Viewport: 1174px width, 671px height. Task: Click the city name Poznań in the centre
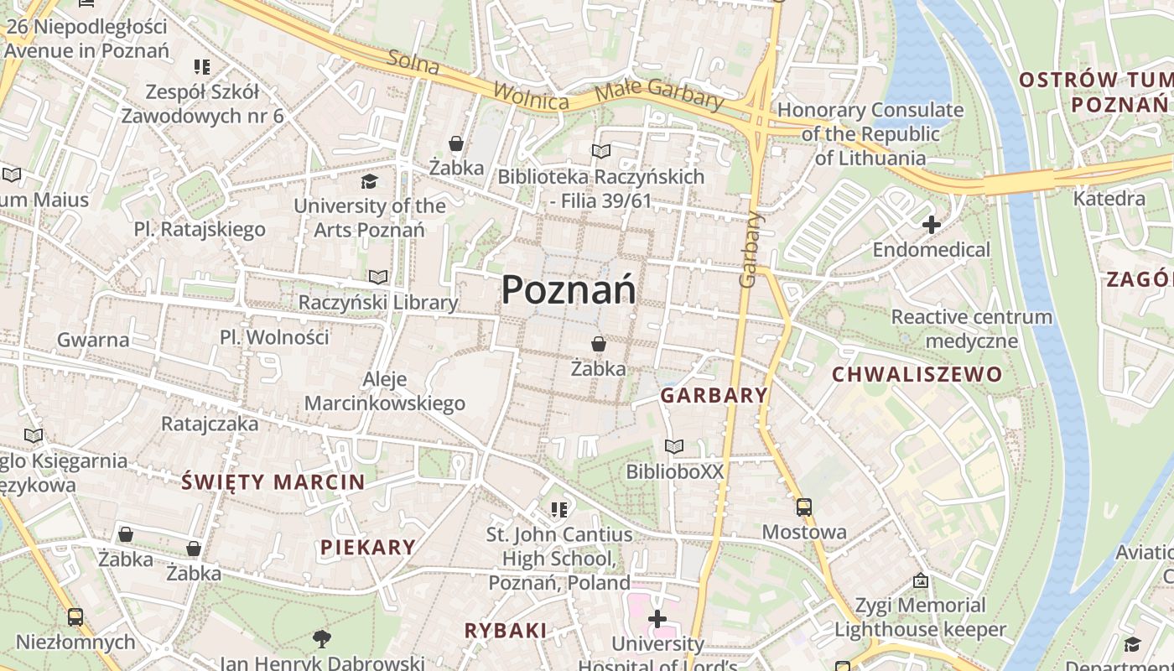569,290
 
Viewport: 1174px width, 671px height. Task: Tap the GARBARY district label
714,395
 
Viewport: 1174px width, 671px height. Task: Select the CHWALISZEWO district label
917,374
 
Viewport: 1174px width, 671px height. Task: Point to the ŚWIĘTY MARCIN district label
273,482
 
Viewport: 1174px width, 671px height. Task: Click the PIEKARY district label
368,548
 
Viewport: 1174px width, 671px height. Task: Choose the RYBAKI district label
506,631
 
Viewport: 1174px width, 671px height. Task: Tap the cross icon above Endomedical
931,225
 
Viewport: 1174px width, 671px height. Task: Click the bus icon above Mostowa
803,507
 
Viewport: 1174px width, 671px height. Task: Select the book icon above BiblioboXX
673,446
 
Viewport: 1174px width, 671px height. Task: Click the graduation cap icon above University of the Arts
369,181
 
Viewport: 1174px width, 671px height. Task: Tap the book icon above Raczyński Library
378,277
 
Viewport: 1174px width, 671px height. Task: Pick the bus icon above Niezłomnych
75,617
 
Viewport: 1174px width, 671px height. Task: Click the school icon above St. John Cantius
559,509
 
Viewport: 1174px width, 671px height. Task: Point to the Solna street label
413,61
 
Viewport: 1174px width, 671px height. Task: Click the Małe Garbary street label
658,94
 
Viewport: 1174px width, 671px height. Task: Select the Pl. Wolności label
274,337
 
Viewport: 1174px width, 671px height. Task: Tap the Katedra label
1109,199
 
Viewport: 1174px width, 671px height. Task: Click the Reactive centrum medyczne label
971,329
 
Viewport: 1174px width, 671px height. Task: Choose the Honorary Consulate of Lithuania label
870,133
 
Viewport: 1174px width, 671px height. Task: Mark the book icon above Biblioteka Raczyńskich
600,152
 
